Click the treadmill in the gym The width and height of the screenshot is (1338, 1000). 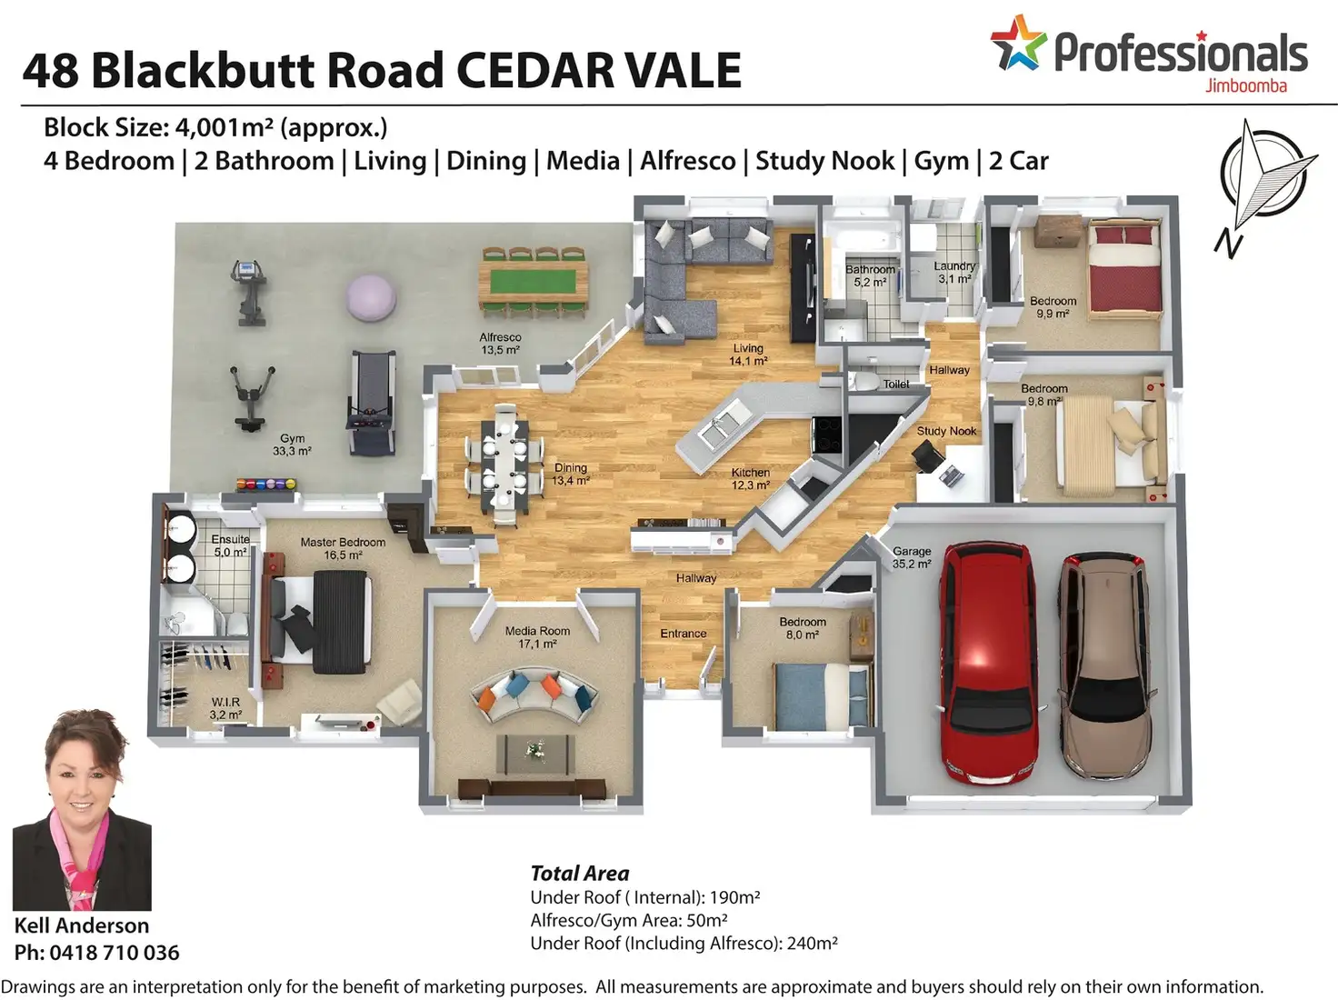[x=371, y=404]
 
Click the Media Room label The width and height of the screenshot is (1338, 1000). [x=537, y=631]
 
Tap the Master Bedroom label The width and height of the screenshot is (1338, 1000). [x=343, y=543]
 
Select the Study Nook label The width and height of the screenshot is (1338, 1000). [x=946, y=431]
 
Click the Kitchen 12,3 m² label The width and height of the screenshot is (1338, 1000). [x=751, y=479]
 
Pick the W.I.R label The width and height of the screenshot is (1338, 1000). [x=225, y=702]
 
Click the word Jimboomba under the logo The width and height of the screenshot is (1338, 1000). [x=1245, y=86]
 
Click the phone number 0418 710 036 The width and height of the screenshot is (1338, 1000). [x=115, y=953]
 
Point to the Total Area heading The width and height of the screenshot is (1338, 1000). [x=580, y=874]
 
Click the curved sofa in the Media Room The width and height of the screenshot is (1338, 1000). [x=534, y=695]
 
